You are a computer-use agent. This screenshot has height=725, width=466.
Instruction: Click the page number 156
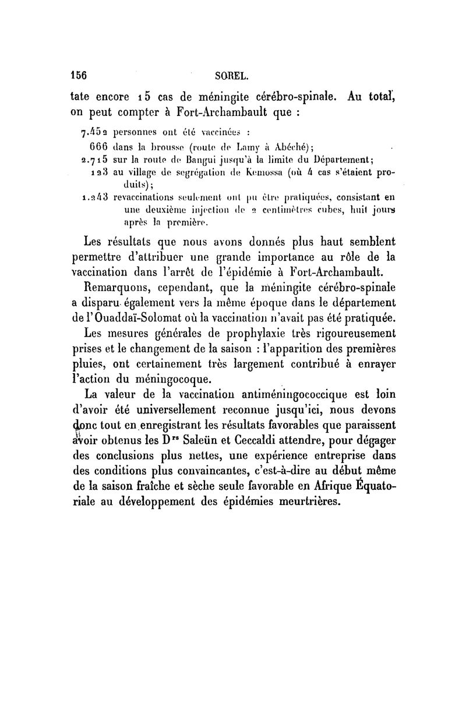[x=78, y=75]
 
